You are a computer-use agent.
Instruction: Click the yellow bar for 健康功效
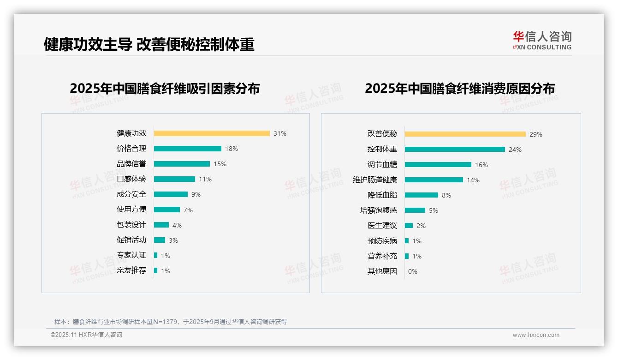(212, 133)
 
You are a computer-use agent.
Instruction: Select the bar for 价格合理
(187, 149)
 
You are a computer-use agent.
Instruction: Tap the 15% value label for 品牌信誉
(220, 164)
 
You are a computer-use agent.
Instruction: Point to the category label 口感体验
(131, 179)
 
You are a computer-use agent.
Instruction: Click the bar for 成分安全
(171, 194)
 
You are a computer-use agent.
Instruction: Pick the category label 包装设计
(131, 225)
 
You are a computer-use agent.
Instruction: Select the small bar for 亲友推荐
(156, 270)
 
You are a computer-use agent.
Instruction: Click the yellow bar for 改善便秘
(465, 134)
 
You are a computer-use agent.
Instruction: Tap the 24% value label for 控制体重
(515, 150)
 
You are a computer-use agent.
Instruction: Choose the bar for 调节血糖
(438, 165)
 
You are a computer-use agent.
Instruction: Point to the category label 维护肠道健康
(375, 180)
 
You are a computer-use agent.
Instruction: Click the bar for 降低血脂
(422, 195)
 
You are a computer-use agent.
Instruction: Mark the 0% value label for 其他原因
(413, 271)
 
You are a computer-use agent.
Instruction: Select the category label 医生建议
(382, 226)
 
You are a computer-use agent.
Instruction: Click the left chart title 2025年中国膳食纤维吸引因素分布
(165, 88)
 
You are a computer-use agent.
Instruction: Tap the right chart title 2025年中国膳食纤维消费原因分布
(460, 88)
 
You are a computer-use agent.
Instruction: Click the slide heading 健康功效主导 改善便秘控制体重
(149, 44)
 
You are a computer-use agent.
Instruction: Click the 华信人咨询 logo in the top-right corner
(542, 40)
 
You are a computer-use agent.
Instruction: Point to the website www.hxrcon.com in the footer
(536, 335)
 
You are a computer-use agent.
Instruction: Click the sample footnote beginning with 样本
(171, 322)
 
